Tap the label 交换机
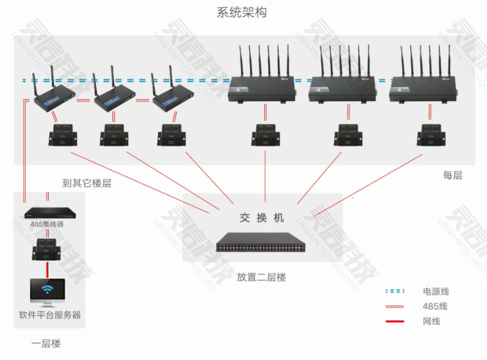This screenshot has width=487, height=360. [x=262, y=218]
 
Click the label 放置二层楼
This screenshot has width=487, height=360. [x=261, y=277]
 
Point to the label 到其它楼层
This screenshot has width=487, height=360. [x=87, y=183]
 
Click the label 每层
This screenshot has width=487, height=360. [x=452, y=175]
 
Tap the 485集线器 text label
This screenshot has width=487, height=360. [x=47, y=224]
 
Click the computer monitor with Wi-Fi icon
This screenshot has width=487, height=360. [x=47, y=292]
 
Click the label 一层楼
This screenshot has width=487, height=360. [x=46, y=344]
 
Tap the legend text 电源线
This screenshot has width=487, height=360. [x=436, y=292]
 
